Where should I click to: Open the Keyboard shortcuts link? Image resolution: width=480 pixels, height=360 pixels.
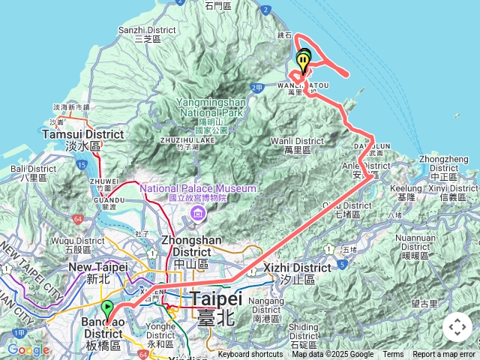(250, 355)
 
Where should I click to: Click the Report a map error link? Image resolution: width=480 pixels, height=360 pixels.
(444, 355)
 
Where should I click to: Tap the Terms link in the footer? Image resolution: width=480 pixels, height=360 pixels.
(393, 355)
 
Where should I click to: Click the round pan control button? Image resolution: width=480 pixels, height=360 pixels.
(457, 327)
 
